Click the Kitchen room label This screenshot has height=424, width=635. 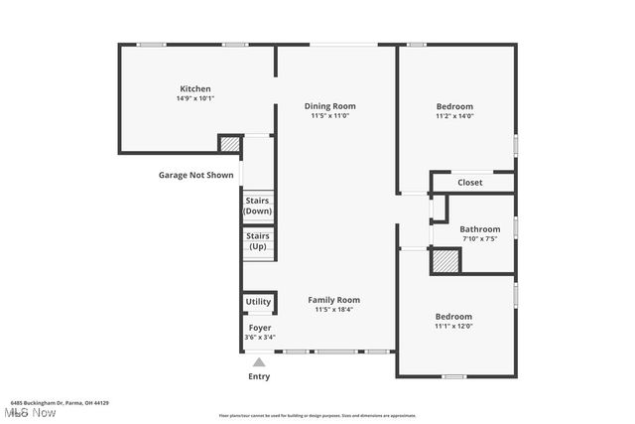coord(194,88)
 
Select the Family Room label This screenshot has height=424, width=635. coord(333,300)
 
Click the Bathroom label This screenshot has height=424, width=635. coord(479,229)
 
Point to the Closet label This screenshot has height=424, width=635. coord(470,183)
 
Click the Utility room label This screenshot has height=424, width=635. coord(258,302)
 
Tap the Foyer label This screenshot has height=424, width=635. coord(259,328)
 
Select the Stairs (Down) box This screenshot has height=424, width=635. coord(258,206)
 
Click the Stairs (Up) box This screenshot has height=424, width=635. coord(258,241)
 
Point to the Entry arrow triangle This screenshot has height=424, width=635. coord(259,362)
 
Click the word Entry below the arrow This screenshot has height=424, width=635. coord(258,376)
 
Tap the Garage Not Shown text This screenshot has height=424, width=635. coord(196,176)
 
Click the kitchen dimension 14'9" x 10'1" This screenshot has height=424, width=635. coord(194,98)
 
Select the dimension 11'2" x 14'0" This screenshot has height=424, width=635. coord(454,116)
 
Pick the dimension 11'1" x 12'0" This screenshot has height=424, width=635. coord(453,327)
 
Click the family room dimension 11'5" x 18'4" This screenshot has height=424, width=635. coord(333,310)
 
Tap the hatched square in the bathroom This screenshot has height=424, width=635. coord(445,261)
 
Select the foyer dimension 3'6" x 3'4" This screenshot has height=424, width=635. coord(259,338)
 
